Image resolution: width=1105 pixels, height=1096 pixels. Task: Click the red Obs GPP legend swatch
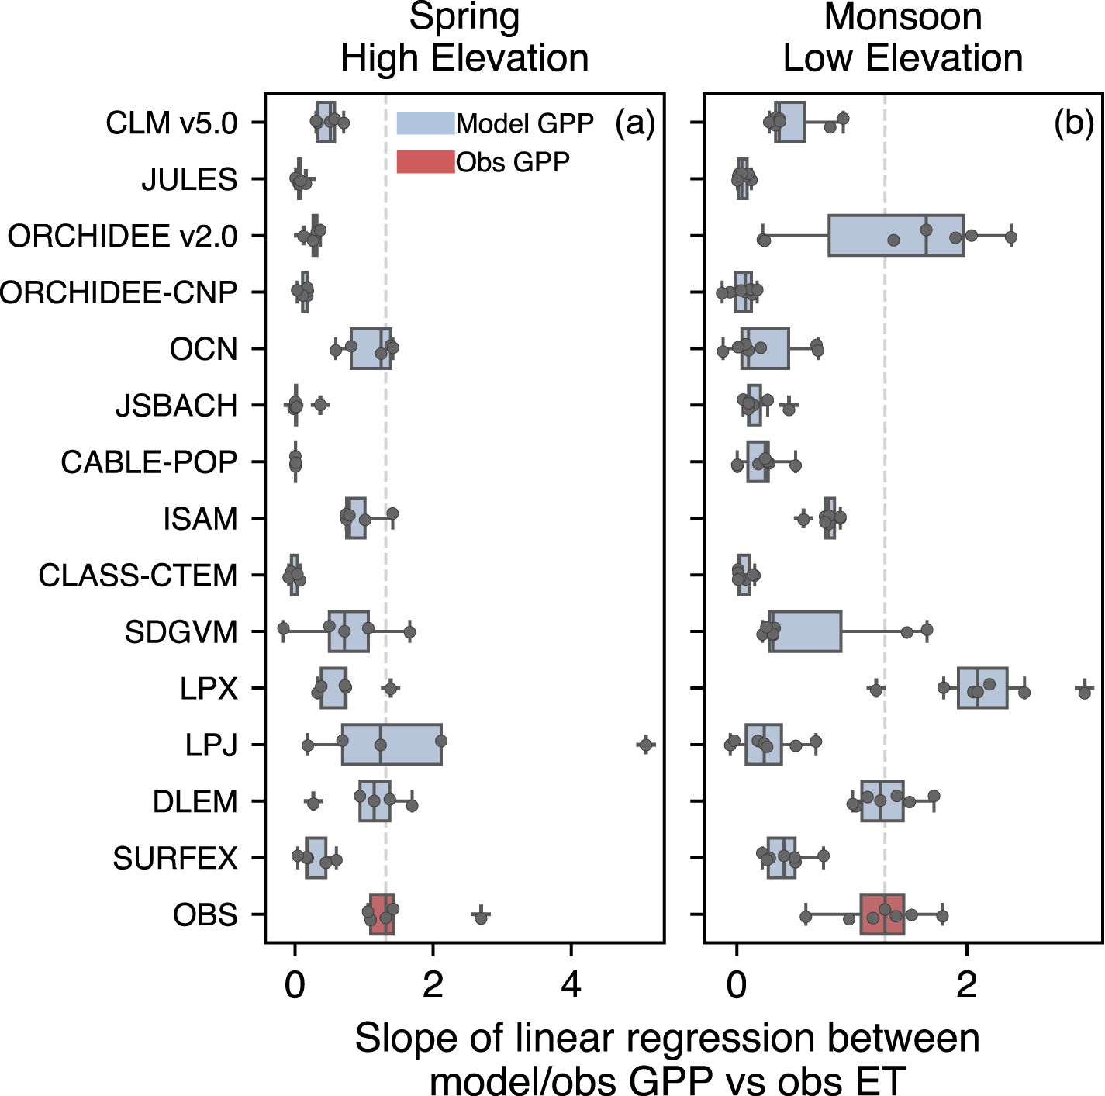[x=425, y=161]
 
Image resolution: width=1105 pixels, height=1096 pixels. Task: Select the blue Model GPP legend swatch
[x=425, y=123]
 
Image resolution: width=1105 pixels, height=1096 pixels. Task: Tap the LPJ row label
[x=211, y=745]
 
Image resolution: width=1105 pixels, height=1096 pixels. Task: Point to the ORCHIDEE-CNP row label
[x=118, y=292]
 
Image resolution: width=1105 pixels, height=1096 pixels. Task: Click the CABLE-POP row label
[x=149, y=462]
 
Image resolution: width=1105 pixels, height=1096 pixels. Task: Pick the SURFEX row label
[x=175, y=859]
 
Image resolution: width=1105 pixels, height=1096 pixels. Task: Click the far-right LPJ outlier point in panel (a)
[x=645, y=745]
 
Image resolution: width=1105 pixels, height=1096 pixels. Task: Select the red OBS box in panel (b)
[x=882, y=914]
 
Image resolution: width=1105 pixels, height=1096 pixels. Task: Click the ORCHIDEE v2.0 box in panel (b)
[x=896, y=236]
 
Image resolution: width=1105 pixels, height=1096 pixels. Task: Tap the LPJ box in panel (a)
[x=392, y=745]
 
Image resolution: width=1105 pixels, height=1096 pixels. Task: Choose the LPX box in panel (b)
[x=982, y=688]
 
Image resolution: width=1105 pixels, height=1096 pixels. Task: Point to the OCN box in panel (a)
[x=371, y=349]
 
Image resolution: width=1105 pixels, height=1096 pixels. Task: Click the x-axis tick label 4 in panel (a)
[x=571, y=985]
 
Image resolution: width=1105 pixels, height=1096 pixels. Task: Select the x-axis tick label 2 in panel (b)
[x=966, y=985]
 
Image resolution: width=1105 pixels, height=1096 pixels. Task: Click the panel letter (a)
[x=635, y=123]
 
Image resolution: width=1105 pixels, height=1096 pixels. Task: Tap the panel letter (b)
[x=1073, y=123]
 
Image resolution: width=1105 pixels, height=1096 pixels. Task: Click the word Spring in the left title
[x=464, y=17]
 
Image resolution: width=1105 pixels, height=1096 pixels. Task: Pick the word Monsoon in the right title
[x=903, y=17]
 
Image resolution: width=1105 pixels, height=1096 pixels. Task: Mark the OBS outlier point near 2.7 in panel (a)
[x=481, y=918]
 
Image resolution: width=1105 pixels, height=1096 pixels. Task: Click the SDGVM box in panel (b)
[x=805, y=631]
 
